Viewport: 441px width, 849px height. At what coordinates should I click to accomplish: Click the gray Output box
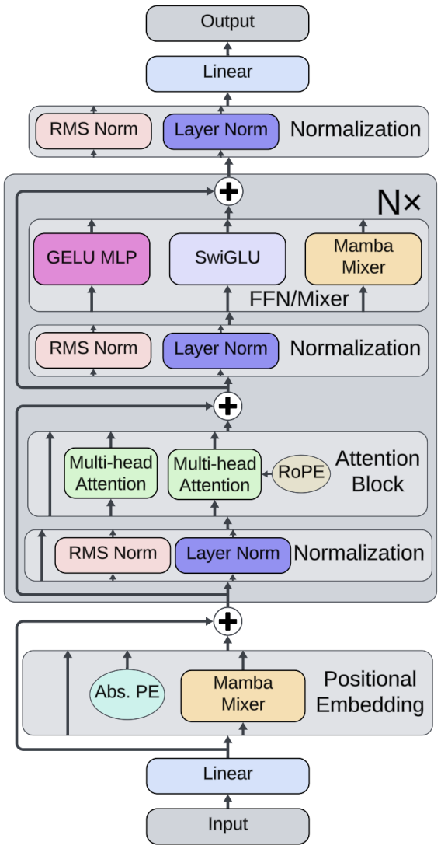[227, 23]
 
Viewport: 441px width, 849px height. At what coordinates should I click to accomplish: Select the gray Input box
[227, 826]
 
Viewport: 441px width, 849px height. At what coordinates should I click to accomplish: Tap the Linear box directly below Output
[227, 73]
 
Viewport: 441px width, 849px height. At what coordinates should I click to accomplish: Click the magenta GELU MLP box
[92, 258]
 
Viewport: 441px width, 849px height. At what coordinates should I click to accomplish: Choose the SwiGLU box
[227, 258]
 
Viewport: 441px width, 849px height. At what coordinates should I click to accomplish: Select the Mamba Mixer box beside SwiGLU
[363, 257]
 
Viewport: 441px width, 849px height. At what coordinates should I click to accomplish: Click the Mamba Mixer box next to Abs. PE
[242, 694]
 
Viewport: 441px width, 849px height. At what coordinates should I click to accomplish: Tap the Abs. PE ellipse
[127, 693]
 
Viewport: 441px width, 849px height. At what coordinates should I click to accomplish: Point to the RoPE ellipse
[301, 473]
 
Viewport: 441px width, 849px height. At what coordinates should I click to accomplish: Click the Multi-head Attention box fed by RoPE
[214, 474]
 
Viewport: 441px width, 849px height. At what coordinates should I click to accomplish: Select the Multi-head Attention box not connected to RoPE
[110, 473]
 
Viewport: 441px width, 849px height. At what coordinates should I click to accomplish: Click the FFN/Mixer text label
[299, 299]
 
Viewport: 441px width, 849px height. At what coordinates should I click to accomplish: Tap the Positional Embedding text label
[370, 692]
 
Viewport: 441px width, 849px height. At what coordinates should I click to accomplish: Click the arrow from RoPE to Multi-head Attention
[266, 473]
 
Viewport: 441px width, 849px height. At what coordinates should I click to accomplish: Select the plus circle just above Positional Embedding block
[227, 620]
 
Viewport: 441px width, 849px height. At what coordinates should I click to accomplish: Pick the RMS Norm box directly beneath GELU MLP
[93, 349]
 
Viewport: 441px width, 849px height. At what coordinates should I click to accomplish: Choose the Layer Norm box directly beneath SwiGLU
[220, 349]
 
